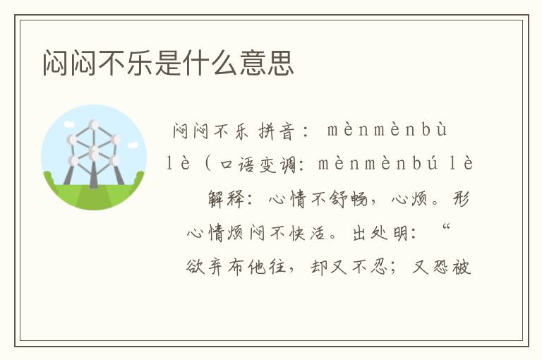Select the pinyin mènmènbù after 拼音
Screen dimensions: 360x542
tap(387, 131)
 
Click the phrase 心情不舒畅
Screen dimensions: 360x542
tap(318, 199)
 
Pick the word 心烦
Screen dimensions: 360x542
tap(408, 199)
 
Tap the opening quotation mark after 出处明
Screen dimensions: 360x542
tap(446, 230)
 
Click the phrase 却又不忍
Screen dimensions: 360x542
tap(349, 268)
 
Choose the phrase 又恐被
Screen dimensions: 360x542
tap(442, 268)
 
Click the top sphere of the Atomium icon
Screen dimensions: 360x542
tap(94, 125)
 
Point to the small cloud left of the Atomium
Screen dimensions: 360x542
tap(70, 140)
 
